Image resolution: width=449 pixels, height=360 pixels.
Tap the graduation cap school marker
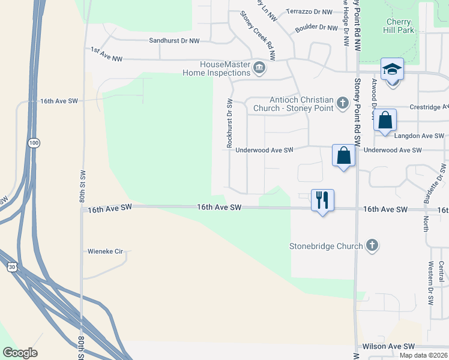(392, 70)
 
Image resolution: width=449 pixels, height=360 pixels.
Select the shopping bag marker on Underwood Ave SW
(343, 155)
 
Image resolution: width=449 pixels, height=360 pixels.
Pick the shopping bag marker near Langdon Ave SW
(385, 120)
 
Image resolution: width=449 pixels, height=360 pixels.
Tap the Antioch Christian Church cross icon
(342, 103)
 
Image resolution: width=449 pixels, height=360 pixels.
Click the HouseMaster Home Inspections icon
(259, 67)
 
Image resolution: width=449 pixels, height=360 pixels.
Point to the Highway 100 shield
(34, 143)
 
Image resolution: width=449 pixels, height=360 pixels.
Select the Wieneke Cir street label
(105, 251)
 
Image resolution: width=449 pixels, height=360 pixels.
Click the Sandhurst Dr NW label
(174, 41)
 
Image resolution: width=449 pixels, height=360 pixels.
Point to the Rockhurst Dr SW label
(229, 122)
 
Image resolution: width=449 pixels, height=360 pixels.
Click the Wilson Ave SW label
(388, 347)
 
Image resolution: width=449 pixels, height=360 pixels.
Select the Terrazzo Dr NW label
(309, 12)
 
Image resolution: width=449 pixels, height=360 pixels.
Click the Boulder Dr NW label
(317, 28)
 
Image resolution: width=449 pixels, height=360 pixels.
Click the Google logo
(20, 353)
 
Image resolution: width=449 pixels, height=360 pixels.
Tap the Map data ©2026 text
(423, 355)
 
